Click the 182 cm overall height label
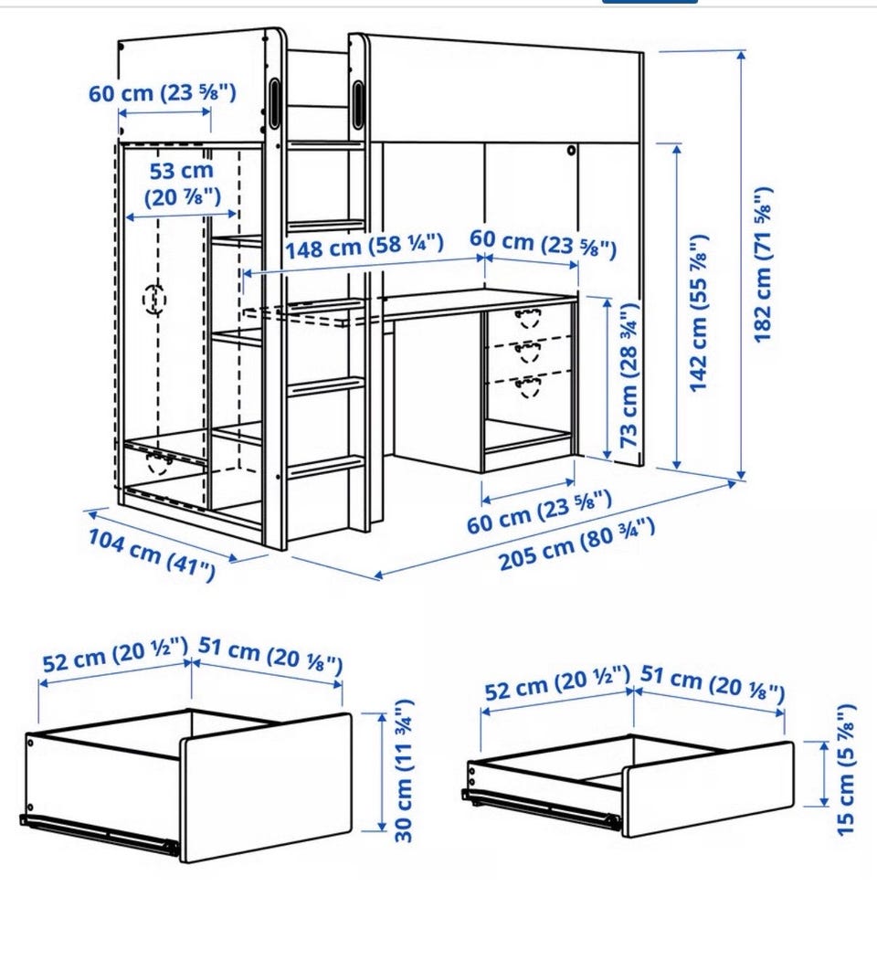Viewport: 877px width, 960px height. point(763,264)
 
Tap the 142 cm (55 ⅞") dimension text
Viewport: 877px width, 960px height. point(699,312)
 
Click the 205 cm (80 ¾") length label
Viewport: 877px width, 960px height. point(577,544)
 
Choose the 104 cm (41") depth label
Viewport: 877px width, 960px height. point(152,554)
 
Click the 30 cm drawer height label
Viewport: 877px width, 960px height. point(403,771)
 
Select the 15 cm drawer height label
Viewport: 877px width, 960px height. point(845,770)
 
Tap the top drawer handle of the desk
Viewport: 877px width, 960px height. point(527,318)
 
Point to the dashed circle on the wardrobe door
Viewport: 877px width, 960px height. point(154,300)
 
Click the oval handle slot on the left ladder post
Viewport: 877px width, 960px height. point(274,102)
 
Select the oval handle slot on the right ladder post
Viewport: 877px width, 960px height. point(357,105)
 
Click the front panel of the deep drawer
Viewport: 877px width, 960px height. point(265,789)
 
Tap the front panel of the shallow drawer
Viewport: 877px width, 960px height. point(708,790)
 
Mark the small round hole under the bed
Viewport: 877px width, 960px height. point(571,150)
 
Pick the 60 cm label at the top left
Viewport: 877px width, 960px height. point(163,93)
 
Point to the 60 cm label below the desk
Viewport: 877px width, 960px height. point(539,512)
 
